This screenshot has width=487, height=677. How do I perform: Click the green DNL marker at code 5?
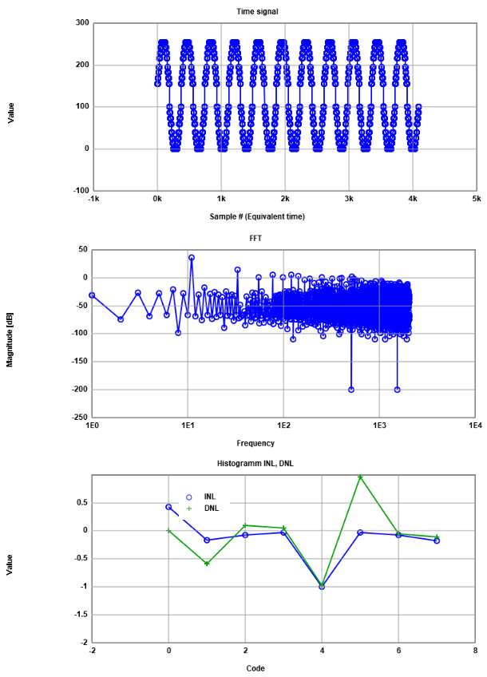tap(360, 477)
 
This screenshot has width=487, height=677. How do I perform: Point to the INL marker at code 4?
tap(322, 586)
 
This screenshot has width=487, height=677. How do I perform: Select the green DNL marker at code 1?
tap(207, 564)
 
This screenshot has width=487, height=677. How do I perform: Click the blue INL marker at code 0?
tap(168, 507)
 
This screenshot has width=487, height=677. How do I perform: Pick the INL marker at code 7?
tap(437, 540)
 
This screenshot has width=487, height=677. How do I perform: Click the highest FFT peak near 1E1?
tap(192, 257)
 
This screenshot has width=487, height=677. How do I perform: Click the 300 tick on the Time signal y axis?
tap(82, 22)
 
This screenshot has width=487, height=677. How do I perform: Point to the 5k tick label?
tap(476, 198)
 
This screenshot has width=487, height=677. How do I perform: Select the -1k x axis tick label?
tap(93, 198)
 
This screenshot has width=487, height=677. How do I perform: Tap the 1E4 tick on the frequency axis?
tap(475, 425)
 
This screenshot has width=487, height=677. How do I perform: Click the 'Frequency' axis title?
tap(255, 443)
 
